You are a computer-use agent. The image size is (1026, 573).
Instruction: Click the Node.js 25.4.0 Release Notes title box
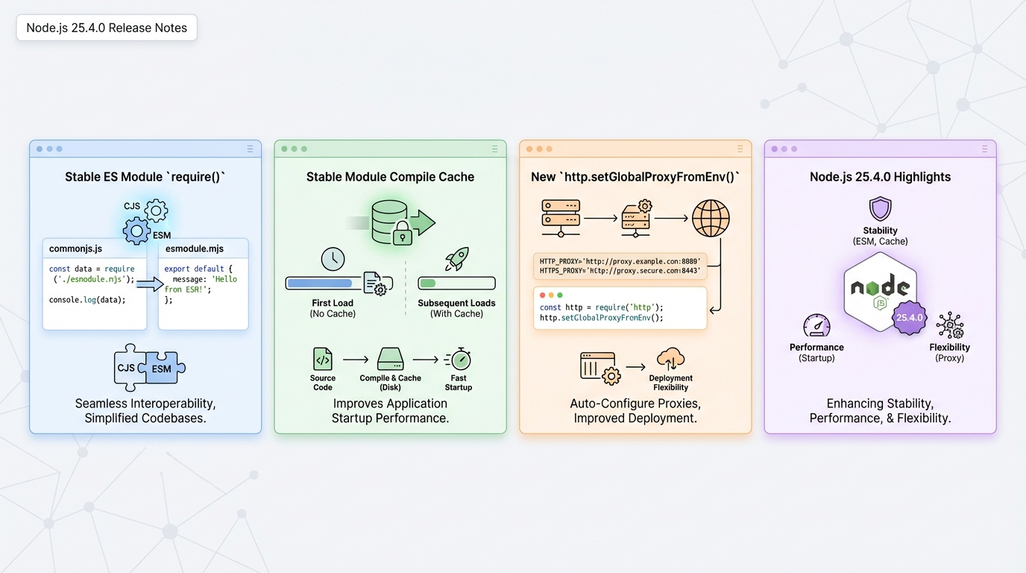click(107, 28)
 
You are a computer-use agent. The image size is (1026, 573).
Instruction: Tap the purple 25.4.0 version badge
click(909, 317)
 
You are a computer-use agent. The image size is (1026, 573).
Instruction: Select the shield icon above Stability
click(880, 209)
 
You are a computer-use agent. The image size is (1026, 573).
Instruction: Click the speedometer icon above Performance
click(816, 326)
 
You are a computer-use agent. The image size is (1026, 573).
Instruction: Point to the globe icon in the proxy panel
click(710, 218)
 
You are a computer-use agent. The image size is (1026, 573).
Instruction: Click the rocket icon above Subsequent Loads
click(456, 259)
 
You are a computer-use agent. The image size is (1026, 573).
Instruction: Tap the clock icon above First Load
click(333, 259)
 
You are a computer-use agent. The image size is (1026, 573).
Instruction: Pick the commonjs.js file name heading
click(75, 248)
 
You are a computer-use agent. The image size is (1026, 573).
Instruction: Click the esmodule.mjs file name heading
click(195, 248)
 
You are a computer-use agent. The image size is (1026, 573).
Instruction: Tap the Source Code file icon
click(323, 359)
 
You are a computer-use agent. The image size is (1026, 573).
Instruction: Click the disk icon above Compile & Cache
click(390, 359)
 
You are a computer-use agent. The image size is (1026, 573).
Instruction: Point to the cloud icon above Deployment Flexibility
click(671, 359)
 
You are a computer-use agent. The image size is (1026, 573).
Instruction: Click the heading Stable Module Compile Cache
click(390, 177)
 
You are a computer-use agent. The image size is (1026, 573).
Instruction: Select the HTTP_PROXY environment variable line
click(620, 261)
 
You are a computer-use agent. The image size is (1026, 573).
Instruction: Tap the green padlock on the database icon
click(403, 234)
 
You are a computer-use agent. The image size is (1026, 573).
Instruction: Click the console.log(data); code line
click(87, 300)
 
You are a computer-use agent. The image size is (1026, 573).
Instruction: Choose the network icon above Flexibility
click(950, 326)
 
